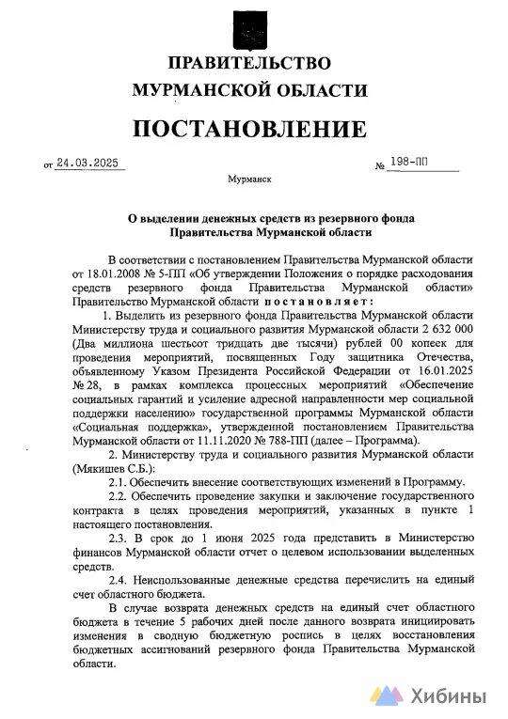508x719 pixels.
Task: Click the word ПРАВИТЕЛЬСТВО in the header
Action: [249, 63]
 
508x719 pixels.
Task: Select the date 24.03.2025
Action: [89, 163]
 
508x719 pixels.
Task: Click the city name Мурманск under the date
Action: [249, 178]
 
